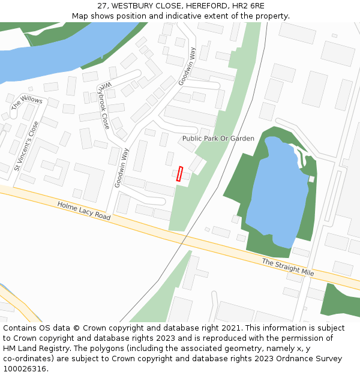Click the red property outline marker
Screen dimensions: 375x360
coord(179,173)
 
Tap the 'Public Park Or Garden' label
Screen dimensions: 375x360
coord(218,139)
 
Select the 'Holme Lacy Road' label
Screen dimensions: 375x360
coord(84,210)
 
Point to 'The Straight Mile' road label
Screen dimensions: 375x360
coord(287,267)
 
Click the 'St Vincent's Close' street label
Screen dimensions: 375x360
coord(26,146)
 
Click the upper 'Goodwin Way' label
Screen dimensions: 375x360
coord(187,66)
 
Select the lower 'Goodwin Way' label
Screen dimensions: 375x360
coord(122,168)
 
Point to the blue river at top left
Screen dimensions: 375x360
coord(54,60)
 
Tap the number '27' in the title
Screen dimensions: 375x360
coord(103,5)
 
